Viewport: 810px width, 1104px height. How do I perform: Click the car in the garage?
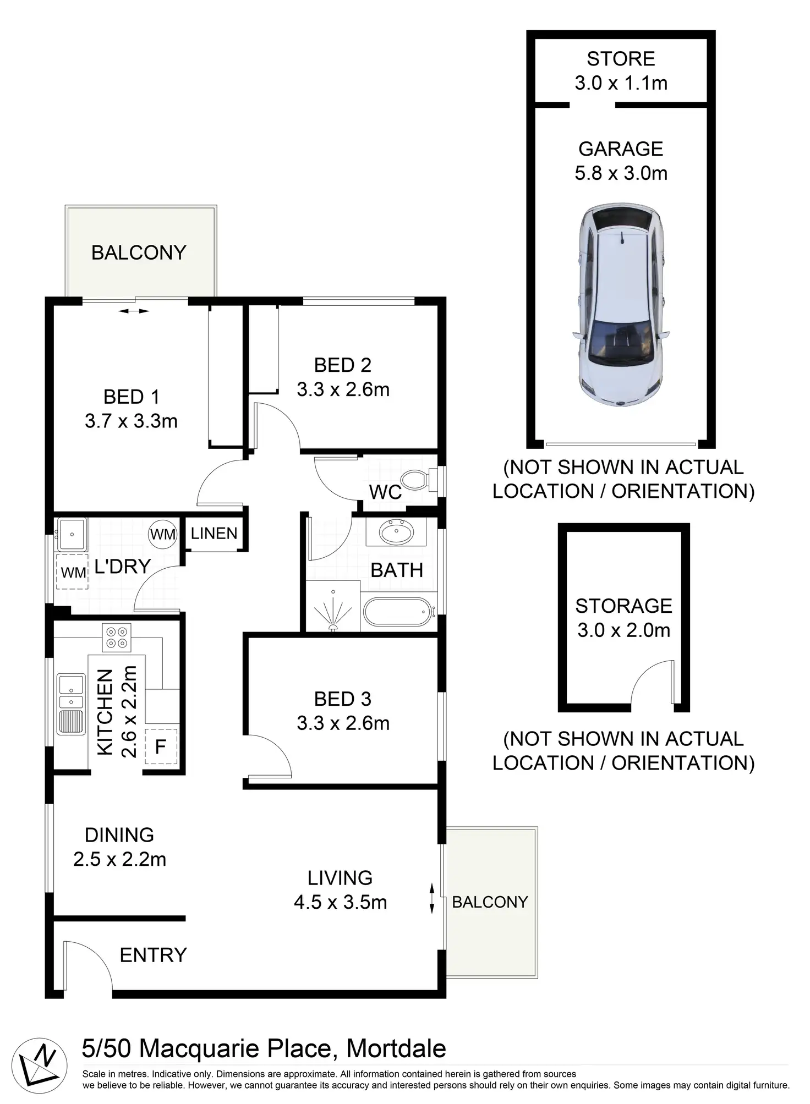coord(621,305)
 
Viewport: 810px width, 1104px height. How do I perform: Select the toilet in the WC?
coord(415,480)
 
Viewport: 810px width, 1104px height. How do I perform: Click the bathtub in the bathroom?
coord(397,612)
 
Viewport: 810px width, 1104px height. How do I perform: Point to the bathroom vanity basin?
coord(396,532)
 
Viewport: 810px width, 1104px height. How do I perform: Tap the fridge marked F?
coord(161,746)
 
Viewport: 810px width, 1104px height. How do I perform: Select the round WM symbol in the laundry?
coord(163,534)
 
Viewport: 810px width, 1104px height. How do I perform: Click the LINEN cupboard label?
coord(214,533)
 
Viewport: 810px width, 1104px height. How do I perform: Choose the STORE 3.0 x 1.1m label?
coord(621,71)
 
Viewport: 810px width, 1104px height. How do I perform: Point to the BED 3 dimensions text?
coord(343,723)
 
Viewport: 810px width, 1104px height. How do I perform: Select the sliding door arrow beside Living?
coord(432,898)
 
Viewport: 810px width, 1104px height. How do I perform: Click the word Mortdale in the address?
coord(396,1048)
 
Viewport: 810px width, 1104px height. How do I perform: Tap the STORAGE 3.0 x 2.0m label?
coord(623,618)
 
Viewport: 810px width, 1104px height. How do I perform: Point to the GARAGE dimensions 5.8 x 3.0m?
coord(621,173)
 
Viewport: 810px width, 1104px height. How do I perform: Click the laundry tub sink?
coord(72,534)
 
